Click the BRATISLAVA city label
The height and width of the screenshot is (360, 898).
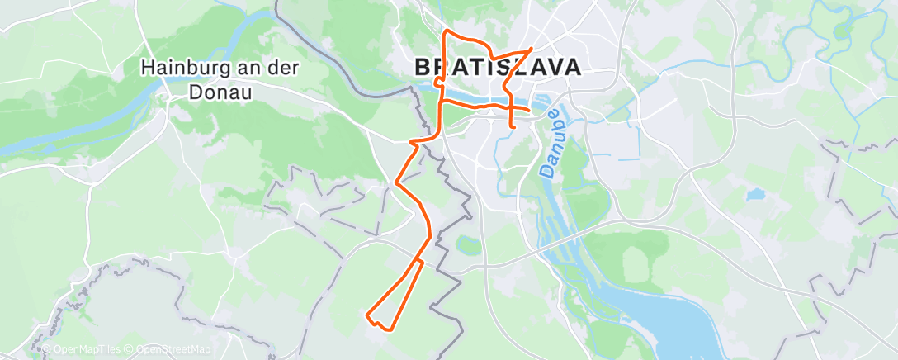(496, 68)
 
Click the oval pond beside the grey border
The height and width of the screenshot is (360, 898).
(468, 245)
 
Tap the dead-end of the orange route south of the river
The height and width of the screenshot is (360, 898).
(514, 127)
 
